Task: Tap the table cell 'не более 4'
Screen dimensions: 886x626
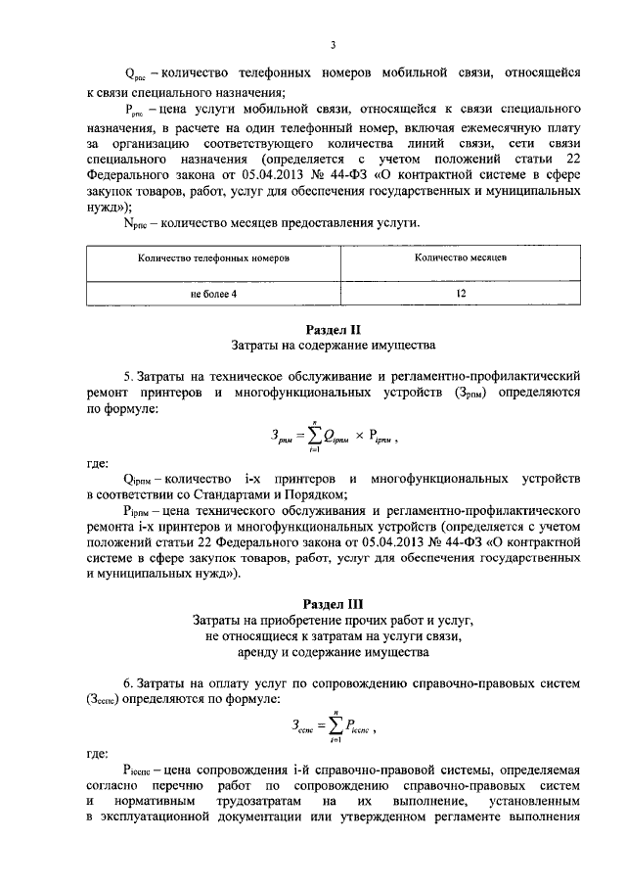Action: tap(214, 293)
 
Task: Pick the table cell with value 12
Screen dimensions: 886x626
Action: tap(460, 293)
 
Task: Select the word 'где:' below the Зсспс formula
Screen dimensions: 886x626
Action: tap(97, 755)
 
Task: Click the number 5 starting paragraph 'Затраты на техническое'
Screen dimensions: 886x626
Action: tap(127, 376)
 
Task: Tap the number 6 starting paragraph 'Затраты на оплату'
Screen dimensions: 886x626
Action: tap(127, 681)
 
